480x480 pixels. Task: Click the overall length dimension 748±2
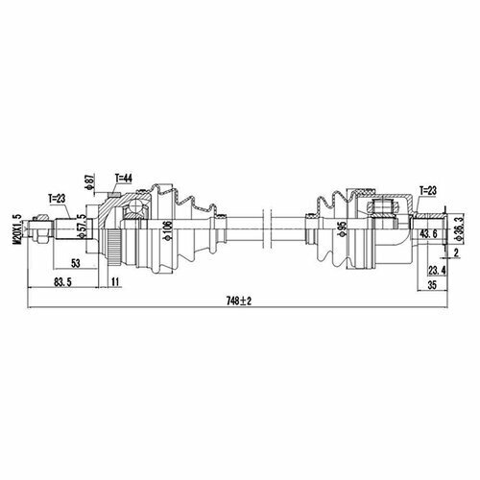coord(239,300)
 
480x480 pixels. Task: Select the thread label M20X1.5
coord(17,229)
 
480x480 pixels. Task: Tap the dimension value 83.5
coord(63,282)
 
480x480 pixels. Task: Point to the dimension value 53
coord(76,263)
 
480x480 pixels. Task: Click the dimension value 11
coord(115,282)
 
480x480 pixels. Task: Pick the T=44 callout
coord(124,179)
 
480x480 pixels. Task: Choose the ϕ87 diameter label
coord(90,182)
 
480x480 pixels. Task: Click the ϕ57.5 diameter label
coord(83,226)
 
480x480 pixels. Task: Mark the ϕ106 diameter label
coord(168,230)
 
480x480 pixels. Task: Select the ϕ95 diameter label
coord(343,229)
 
